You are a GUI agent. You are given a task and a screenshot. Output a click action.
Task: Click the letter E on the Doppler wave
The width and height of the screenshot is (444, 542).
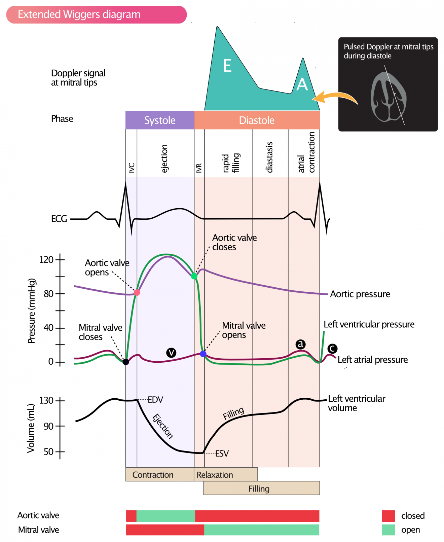[227, 66]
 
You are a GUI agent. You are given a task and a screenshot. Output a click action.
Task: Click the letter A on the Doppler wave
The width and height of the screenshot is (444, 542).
[302, 84]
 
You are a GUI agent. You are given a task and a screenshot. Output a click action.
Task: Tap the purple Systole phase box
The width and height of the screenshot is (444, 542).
[160, 120]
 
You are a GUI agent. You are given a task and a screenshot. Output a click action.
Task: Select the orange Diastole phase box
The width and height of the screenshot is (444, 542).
[257, 120]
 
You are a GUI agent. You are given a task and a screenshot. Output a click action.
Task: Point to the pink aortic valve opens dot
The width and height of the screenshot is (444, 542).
[137, 292]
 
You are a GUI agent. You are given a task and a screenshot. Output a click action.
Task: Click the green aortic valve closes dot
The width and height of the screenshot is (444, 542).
[194, 276]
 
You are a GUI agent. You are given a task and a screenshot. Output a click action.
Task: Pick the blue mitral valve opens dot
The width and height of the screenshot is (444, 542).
[203, 354]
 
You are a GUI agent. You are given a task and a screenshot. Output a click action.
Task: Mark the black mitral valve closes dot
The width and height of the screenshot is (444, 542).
[126, 362]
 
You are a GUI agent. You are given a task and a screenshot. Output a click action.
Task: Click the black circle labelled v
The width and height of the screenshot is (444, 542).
[171, 353]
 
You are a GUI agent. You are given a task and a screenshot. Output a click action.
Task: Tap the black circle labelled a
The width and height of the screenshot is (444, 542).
[300, 344]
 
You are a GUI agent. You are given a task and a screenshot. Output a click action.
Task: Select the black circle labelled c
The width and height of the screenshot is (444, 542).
[332, 349]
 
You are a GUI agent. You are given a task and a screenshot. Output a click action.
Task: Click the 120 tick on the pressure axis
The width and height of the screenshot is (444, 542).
[60, 259]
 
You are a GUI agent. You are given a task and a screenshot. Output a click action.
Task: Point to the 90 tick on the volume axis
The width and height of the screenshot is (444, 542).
[60, 426]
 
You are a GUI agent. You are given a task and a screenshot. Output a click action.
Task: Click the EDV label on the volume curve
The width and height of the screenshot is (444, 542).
[155, 400]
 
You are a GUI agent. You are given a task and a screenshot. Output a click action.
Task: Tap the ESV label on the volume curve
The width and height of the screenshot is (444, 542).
[222, 454]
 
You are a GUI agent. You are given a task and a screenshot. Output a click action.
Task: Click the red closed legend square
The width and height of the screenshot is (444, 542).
[388, 515]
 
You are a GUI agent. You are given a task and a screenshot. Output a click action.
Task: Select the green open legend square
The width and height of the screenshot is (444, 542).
[388, 530]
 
